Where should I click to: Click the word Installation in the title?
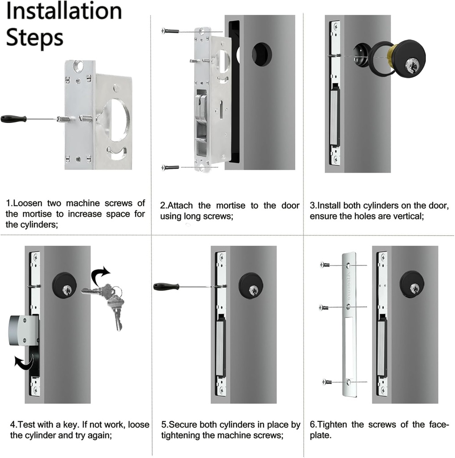64,11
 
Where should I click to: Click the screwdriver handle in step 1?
13,119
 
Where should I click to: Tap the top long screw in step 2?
170,31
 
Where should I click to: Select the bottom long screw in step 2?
170,167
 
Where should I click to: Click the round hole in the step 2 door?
262,55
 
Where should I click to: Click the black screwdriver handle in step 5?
166,286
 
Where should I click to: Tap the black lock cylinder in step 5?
251,285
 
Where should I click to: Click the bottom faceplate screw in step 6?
327,382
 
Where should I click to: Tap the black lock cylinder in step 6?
412,284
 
